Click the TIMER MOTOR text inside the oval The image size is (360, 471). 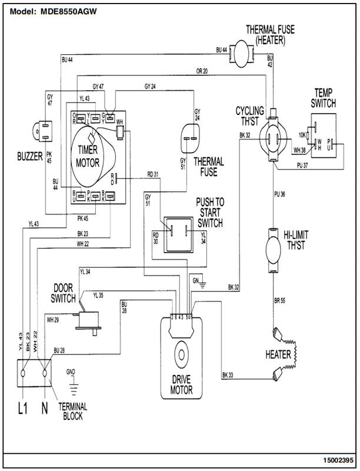click(88, 155)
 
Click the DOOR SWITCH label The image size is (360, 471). click(63, 293)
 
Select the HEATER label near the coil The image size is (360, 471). click(278, 354)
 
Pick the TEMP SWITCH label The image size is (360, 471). click(324, 98)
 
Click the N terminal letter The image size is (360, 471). click(44, 407)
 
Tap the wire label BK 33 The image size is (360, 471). click(228, 375)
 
